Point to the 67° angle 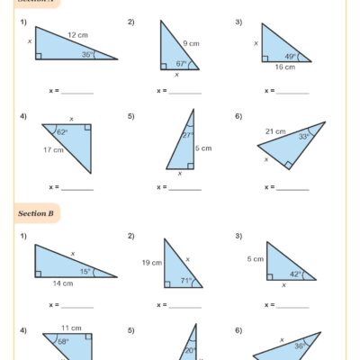(180, 63)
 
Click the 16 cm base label (284, 67)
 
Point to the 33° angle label (302, 137)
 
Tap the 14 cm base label (61, 283)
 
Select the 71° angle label (186, 280)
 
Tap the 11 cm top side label (66, 328)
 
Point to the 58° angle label (63, 343)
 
